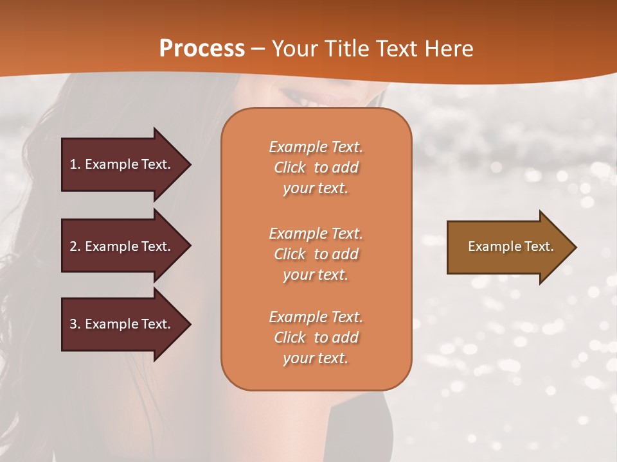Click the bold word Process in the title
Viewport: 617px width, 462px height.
202,48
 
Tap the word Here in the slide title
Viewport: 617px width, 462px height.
449,48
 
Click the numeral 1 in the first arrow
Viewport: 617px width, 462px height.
73,164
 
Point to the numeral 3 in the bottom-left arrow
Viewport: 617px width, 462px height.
73,324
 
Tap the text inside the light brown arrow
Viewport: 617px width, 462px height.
510,246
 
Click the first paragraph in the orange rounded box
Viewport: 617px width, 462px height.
316,167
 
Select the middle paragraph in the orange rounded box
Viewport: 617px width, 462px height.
316,254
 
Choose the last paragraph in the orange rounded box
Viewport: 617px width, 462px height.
316,338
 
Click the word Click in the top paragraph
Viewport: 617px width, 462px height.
290,167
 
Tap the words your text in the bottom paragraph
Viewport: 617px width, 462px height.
316,359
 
